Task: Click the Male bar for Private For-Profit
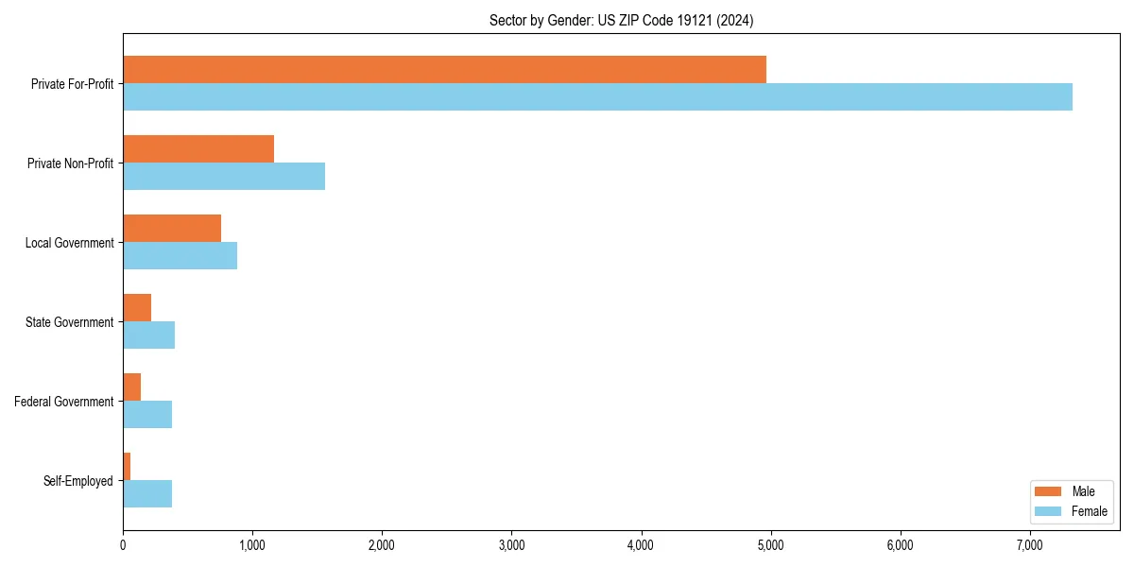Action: (444, 70)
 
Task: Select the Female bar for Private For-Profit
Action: (597, 97)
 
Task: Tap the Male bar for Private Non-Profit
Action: (198, 149)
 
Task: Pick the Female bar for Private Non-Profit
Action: (224, 177)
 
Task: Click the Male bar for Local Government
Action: (172, 229)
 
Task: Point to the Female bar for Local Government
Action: (180, 256)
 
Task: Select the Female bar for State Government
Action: (148, 335)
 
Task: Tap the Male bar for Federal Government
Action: (131, 387)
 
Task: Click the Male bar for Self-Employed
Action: (127, 467)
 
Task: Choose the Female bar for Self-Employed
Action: (147, 494)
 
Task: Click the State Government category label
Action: (69, 322)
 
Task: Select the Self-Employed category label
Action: (78, 481)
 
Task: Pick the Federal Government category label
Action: (64, 402)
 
